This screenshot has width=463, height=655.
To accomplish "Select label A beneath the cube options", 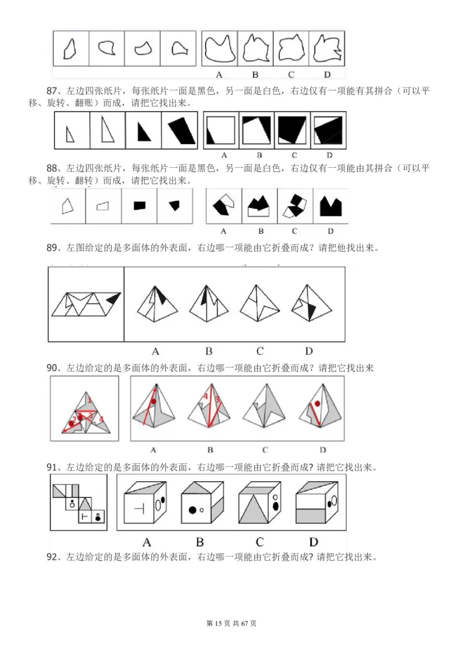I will coord(146,542).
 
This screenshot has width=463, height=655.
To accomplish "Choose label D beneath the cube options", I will coord(313,542).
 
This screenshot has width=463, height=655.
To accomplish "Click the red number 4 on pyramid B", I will coord(205,396).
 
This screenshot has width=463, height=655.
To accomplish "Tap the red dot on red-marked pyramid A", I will coord(153,401).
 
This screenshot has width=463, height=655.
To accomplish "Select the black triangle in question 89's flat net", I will coord(114,297).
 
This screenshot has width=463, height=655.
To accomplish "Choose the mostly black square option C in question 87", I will coord(292,130).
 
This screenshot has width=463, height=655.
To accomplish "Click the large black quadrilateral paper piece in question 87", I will coord(179,130).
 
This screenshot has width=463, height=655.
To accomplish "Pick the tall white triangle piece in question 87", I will coord(106,128).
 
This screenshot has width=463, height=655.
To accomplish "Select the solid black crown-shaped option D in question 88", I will coord(330,206).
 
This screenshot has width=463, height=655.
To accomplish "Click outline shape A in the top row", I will coord(219,50).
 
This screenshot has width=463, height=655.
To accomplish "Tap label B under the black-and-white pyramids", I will coord(209,351).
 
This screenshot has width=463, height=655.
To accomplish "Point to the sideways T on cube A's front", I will coord(139,507).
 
